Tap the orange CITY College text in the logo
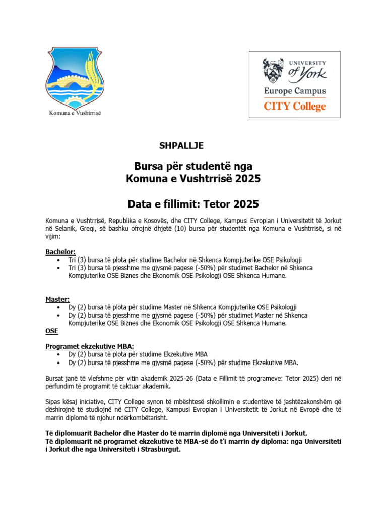coord(295,107)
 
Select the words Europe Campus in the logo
coord(295,91)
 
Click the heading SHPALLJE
coord(181,145)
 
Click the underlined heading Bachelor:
coord(60,251)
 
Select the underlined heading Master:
coord(57,299)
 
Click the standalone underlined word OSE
coord(52,331)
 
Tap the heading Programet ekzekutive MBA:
coord(90,346)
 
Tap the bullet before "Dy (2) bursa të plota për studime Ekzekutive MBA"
coord(60,354)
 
